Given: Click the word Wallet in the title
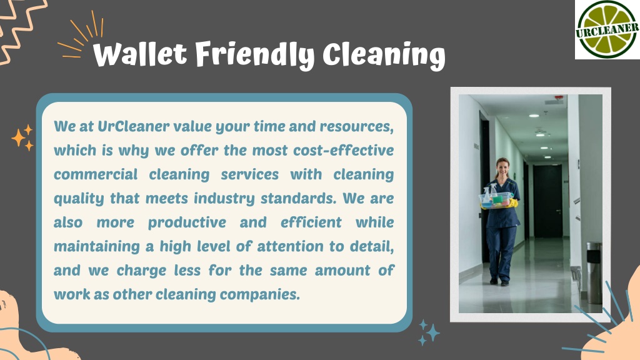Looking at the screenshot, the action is [140, 54].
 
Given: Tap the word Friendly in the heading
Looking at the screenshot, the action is [254, 55].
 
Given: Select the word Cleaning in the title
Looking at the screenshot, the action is [384, 56].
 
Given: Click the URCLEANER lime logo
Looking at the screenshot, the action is [607, 29].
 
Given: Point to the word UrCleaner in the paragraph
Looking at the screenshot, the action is [134, 126].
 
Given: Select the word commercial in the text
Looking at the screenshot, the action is [96, 174].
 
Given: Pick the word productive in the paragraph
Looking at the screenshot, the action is [186, 222].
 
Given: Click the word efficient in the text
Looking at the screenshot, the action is [311, 222].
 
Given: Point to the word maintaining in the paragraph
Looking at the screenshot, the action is [97, 247].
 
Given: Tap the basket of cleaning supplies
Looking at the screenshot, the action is [496, 199].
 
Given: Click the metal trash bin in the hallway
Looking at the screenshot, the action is [594, 272].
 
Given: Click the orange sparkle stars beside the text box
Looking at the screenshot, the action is [22, 137].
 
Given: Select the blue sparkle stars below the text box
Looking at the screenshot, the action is [429, 332].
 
